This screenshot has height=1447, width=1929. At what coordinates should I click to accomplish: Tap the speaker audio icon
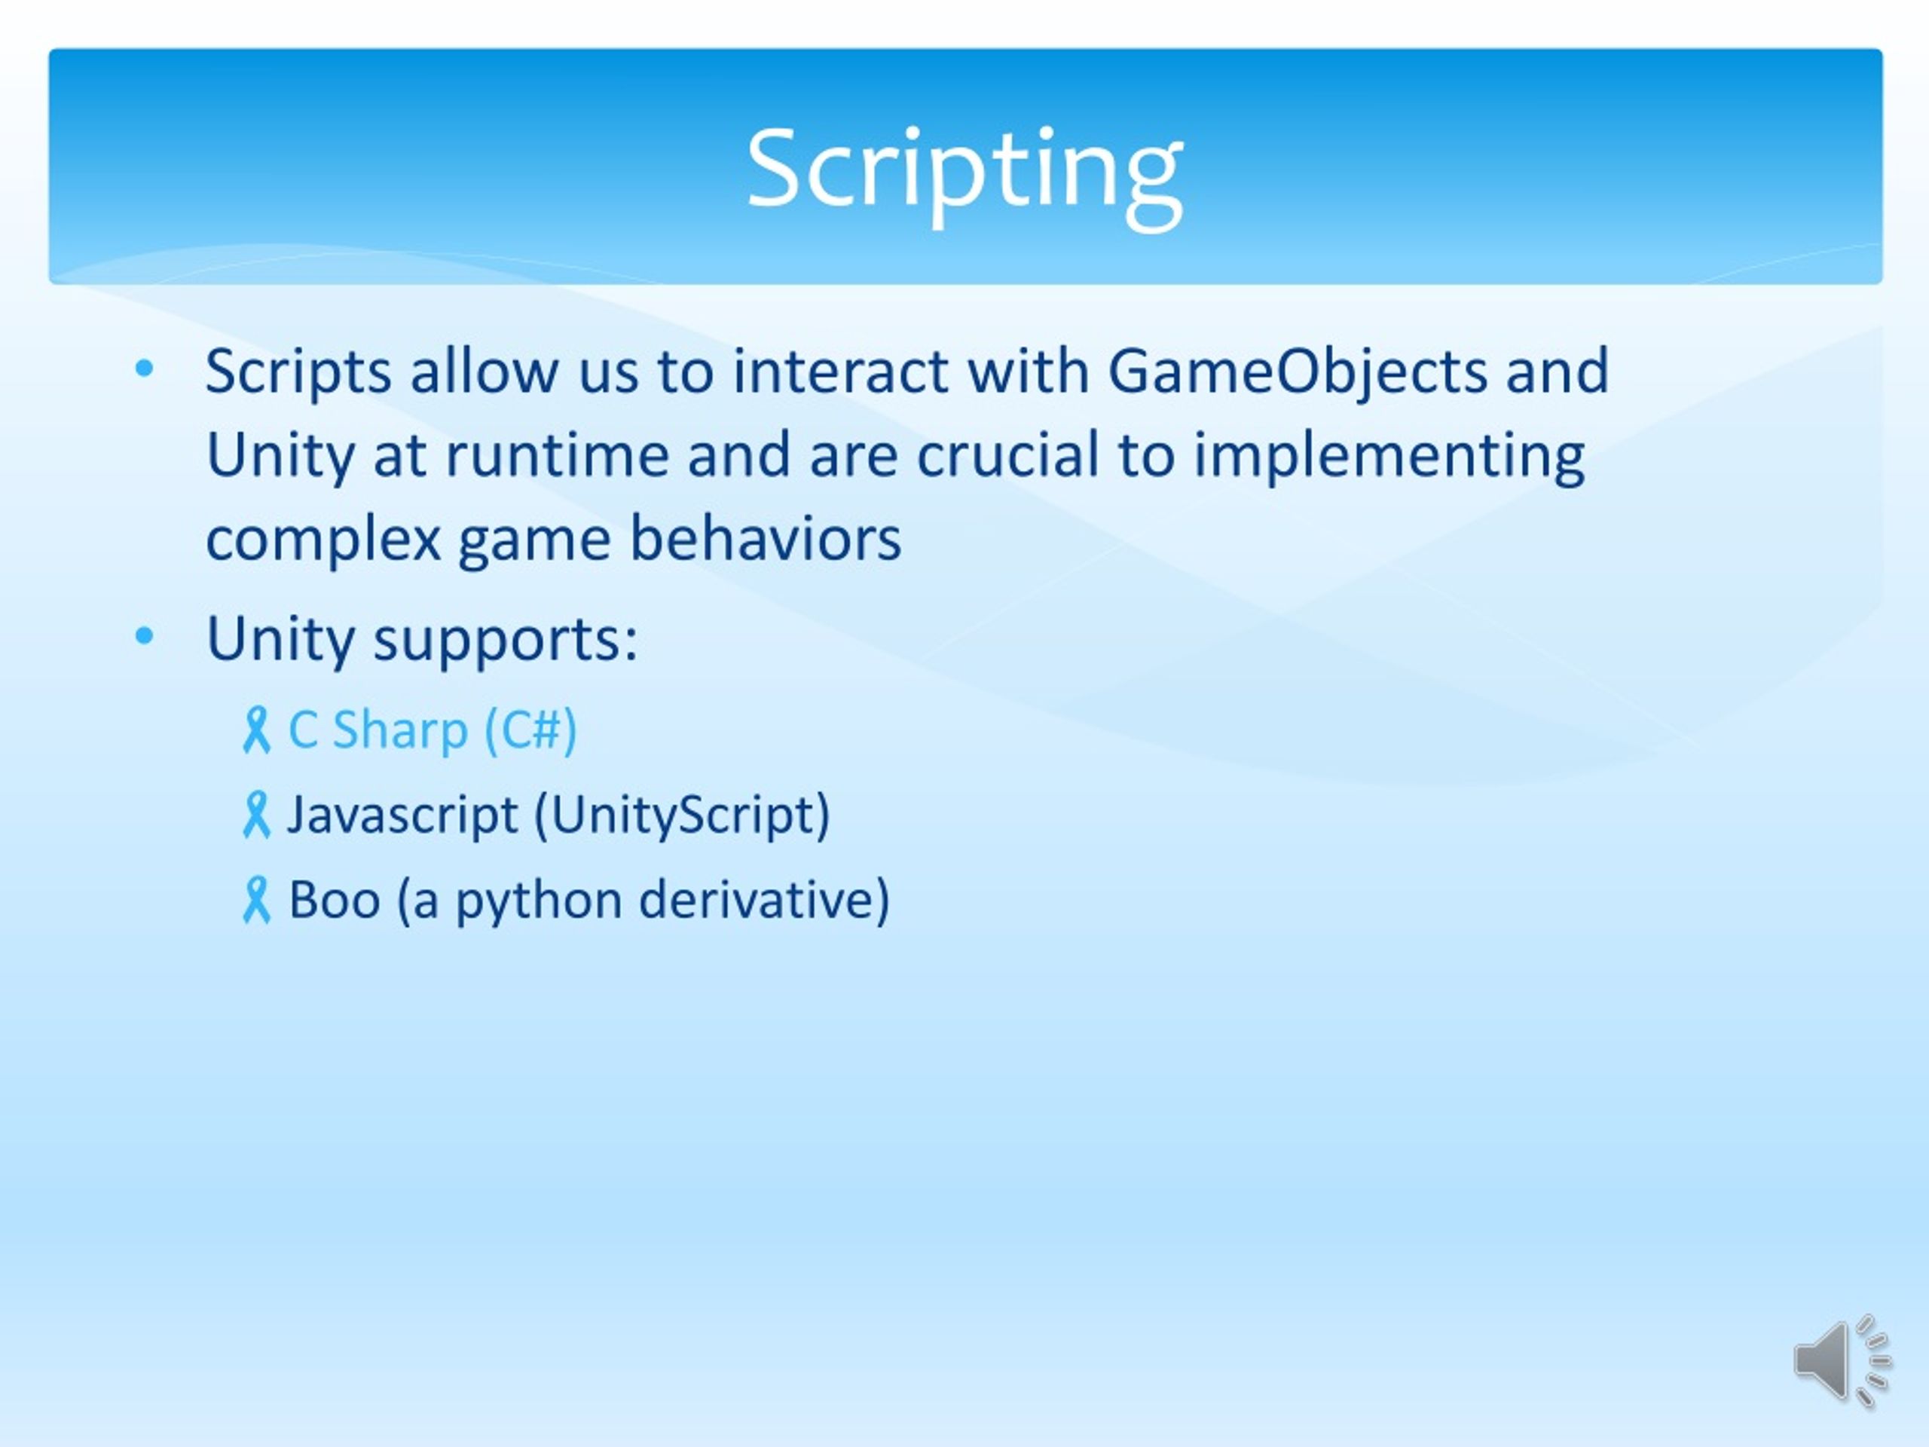pyautogui.click(x=1841, y=1360)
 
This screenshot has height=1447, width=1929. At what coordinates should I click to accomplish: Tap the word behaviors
pyautogui.click(x=765, y=538)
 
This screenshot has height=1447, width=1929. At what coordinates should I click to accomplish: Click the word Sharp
pyautogui.click(x=400, y=731)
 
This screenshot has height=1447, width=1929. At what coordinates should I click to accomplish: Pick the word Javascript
pyautogui.click(x=403, y=816)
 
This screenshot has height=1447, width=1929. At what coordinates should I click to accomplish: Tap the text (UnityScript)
pyautogui.click(x=682, y=816)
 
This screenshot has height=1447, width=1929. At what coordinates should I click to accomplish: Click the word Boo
pyautogui.click(x=335, y=899)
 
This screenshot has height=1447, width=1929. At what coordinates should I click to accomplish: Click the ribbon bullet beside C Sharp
pyautogui.click(x=256, y=730)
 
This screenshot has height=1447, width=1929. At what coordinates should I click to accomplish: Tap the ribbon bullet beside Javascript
pyautogui.click(x=256, y=815)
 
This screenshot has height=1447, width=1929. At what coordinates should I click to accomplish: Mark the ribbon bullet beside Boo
pyautogui.click(x=256, y=900)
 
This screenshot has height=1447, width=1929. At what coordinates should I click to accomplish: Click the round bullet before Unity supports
pyautogui.click(x=145, y=636)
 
